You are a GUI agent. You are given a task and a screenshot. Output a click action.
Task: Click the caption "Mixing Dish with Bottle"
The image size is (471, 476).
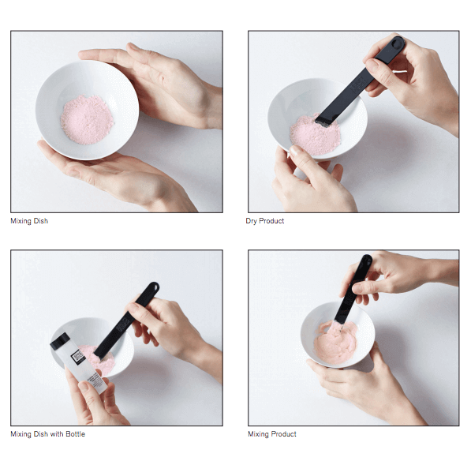click(47, 434)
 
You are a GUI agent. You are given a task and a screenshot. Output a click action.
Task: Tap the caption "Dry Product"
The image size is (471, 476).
click(264, 221)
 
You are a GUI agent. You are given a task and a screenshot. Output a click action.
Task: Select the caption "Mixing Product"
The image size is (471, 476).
click(272, 434)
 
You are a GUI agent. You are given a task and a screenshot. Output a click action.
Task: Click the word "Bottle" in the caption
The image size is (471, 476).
click(75, 434)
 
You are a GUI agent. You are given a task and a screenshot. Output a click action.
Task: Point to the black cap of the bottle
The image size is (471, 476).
click(60, 341)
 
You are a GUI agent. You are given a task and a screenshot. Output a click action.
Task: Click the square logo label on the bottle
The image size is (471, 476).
click(77, 356)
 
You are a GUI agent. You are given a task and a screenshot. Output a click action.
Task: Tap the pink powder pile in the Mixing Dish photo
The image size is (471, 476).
click(87, 119)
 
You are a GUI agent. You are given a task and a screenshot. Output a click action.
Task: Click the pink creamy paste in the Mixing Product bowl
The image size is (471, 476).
click(335, 342)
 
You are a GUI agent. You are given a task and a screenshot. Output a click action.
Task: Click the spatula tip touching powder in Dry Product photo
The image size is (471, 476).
click(322, 122)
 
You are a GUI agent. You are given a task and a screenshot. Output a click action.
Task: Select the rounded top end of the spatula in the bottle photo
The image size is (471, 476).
click(153, 286)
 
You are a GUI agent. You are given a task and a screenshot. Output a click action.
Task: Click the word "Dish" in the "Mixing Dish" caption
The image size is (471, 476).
click(41, 221)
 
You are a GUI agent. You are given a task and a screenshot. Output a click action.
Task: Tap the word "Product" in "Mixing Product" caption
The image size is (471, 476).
click(284, 434)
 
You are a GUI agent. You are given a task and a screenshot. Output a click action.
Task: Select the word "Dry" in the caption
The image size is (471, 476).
click(251, 221)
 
